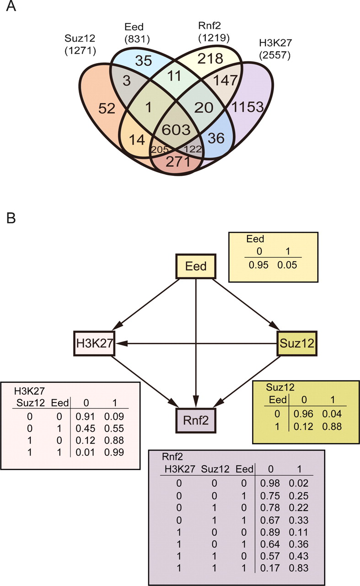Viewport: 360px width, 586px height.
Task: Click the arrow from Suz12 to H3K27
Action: (x=197, y=342)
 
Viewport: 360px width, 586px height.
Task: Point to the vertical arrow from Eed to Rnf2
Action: (x=196, y=343)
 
